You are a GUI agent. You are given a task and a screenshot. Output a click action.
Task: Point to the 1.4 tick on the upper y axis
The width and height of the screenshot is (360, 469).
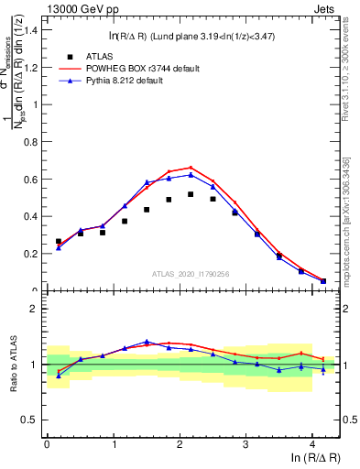35,30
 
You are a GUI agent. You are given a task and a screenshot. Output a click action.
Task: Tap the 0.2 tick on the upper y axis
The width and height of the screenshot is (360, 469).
35,254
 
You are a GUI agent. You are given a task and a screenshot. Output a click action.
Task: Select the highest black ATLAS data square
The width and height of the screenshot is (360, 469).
191,194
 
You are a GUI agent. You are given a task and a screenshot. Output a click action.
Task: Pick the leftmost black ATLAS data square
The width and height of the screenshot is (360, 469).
59,242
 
